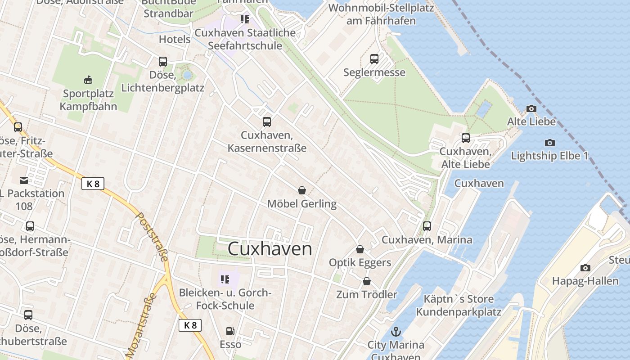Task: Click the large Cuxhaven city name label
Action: pos(270,248)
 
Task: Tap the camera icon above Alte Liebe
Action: pos(531,108)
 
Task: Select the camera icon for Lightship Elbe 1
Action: pos(549,143)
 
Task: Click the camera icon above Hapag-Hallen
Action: pos(585,268)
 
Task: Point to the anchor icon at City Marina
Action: pos(396,332)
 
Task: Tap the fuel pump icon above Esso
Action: pos(230,331)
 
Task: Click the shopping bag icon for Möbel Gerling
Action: pos(302,190)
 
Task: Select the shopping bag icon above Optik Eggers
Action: pos(360,249)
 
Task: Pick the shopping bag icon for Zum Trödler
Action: pos(367,281)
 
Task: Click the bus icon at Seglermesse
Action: pos(374,58)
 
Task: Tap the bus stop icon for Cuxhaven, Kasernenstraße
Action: pos(267,121)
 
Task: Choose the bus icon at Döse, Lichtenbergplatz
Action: pos(163,61)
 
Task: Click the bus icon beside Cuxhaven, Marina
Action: pos(427,226)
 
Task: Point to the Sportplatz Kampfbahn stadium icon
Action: pos(88,80)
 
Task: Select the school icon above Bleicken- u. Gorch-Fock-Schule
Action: pos(225,279)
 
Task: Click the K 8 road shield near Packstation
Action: pos(93,184)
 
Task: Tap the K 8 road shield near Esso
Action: pos(190,325)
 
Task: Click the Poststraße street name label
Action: pos(152,237)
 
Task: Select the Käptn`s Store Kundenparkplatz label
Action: pos(458,306)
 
